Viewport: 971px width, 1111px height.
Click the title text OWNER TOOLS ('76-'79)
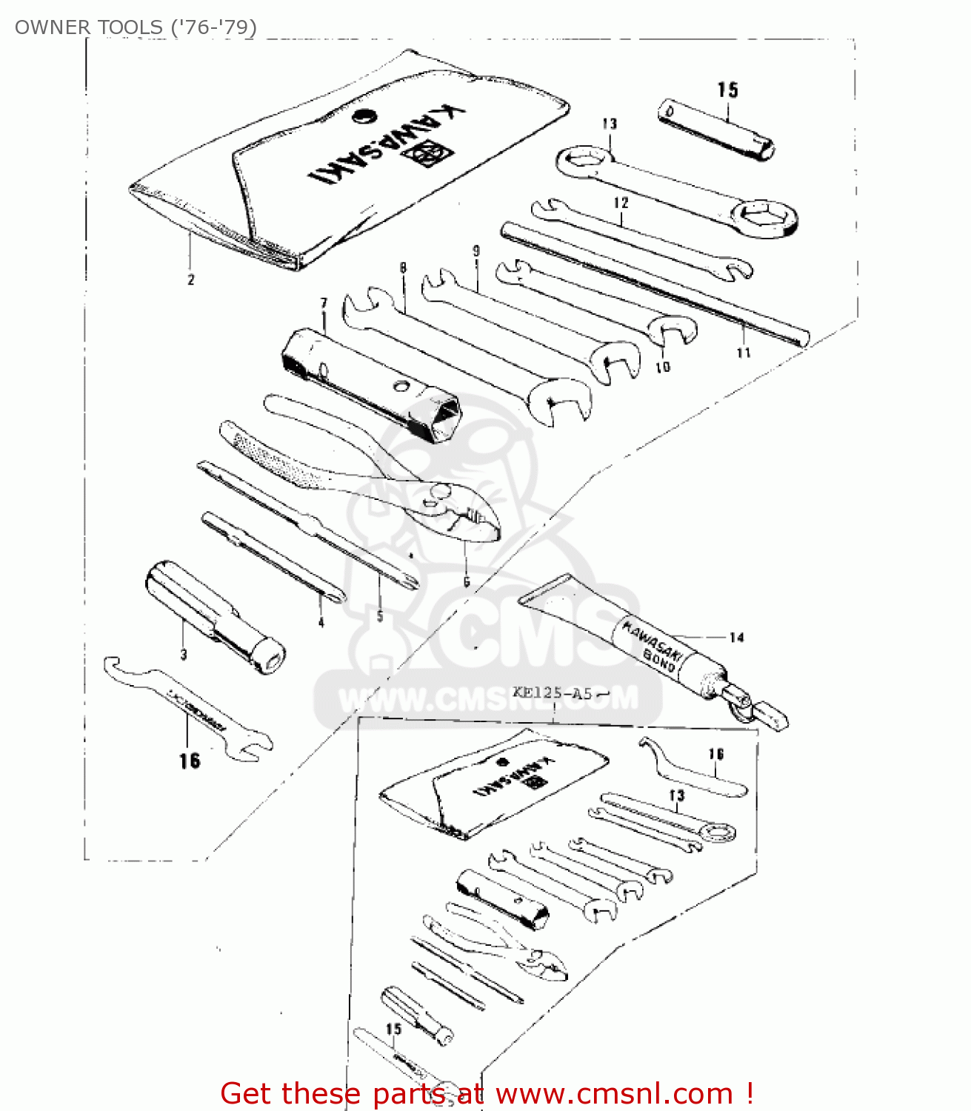click(136, 27)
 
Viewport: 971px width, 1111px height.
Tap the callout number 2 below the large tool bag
click(190, 280)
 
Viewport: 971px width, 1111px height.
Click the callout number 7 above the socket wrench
click(324, 304)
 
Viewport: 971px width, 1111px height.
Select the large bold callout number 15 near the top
click(727, 90)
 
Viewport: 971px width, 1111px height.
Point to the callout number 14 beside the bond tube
click(736, 637)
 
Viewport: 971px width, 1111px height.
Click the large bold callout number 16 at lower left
click(189, 761)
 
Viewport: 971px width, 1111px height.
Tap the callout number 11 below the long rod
click(744, 353)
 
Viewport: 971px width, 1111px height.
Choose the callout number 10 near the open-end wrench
click(663, 367)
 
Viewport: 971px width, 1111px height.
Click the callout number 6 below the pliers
click(466, 582)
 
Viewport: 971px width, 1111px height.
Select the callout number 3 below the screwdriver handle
click(183, 654)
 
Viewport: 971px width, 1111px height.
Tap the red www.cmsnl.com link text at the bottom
click(614, 1093)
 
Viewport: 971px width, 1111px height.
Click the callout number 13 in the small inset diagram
click(676, 795)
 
